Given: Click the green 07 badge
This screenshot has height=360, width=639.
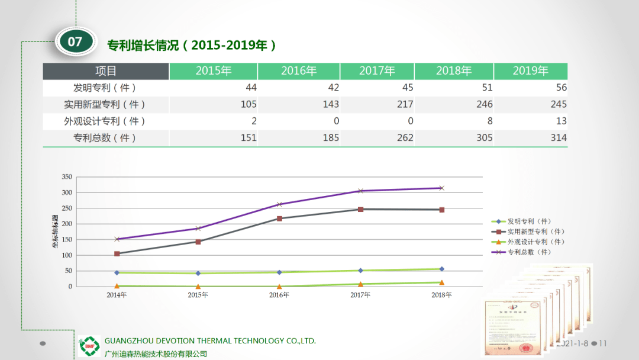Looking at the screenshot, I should click(75, 41).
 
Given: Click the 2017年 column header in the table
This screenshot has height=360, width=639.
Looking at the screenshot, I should click(377, 71).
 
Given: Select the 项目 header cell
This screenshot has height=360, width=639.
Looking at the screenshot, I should click(106, 71).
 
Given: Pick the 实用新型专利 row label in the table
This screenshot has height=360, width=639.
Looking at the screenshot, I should click(105, 105).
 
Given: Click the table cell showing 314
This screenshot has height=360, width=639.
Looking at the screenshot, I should click(558, 138).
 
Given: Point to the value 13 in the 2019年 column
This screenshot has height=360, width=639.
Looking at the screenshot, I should click(561, 121).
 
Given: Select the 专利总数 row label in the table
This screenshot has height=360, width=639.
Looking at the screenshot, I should click(105, 138).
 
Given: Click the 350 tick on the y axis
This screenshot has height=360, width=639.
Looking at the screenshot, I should click(66, 177).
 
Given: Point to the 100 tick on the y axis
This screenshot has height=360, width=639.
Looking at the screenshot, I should click(66, 255).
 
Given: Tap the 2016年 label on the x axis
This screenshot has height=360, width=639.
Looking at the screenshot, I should click(279, 295).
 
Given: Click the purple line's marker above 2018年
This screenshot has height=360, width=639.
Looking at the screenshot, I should click(441, 188).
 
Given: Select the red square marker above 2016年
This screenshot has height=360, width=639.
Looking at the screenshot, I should click(279, 218).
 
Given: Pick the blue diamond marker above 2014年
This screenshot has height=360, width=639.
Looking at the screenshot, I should click(117, 272).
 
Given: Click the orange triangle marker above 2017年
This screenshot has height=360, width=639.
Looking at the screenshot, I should click(360, 284).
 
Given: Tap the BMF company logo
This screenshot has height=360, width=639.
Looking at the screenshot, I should click(90, 346).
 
